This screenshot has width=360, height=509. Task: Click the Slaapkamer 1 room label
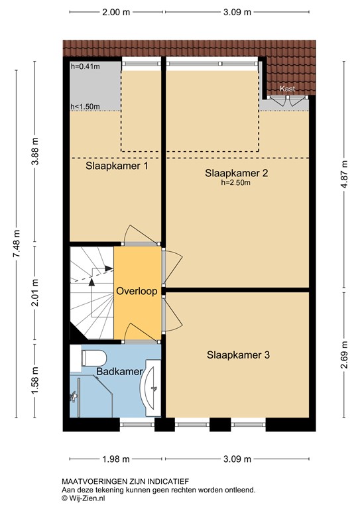tap(117, 166)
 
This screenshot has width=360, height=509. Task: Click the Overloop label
tap(137, 292)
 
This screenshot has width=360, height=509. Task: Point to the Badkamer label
tap(120, 372)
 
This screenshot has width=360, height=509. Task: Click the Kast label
tap(287, 88)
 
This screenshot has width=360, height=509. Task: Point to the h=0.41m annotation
tap(84, 66)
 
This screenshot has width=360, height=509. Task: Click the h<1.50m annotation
tap(85, 107)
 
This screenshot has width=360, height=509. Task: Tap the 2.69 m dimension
tap(343, 355)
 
